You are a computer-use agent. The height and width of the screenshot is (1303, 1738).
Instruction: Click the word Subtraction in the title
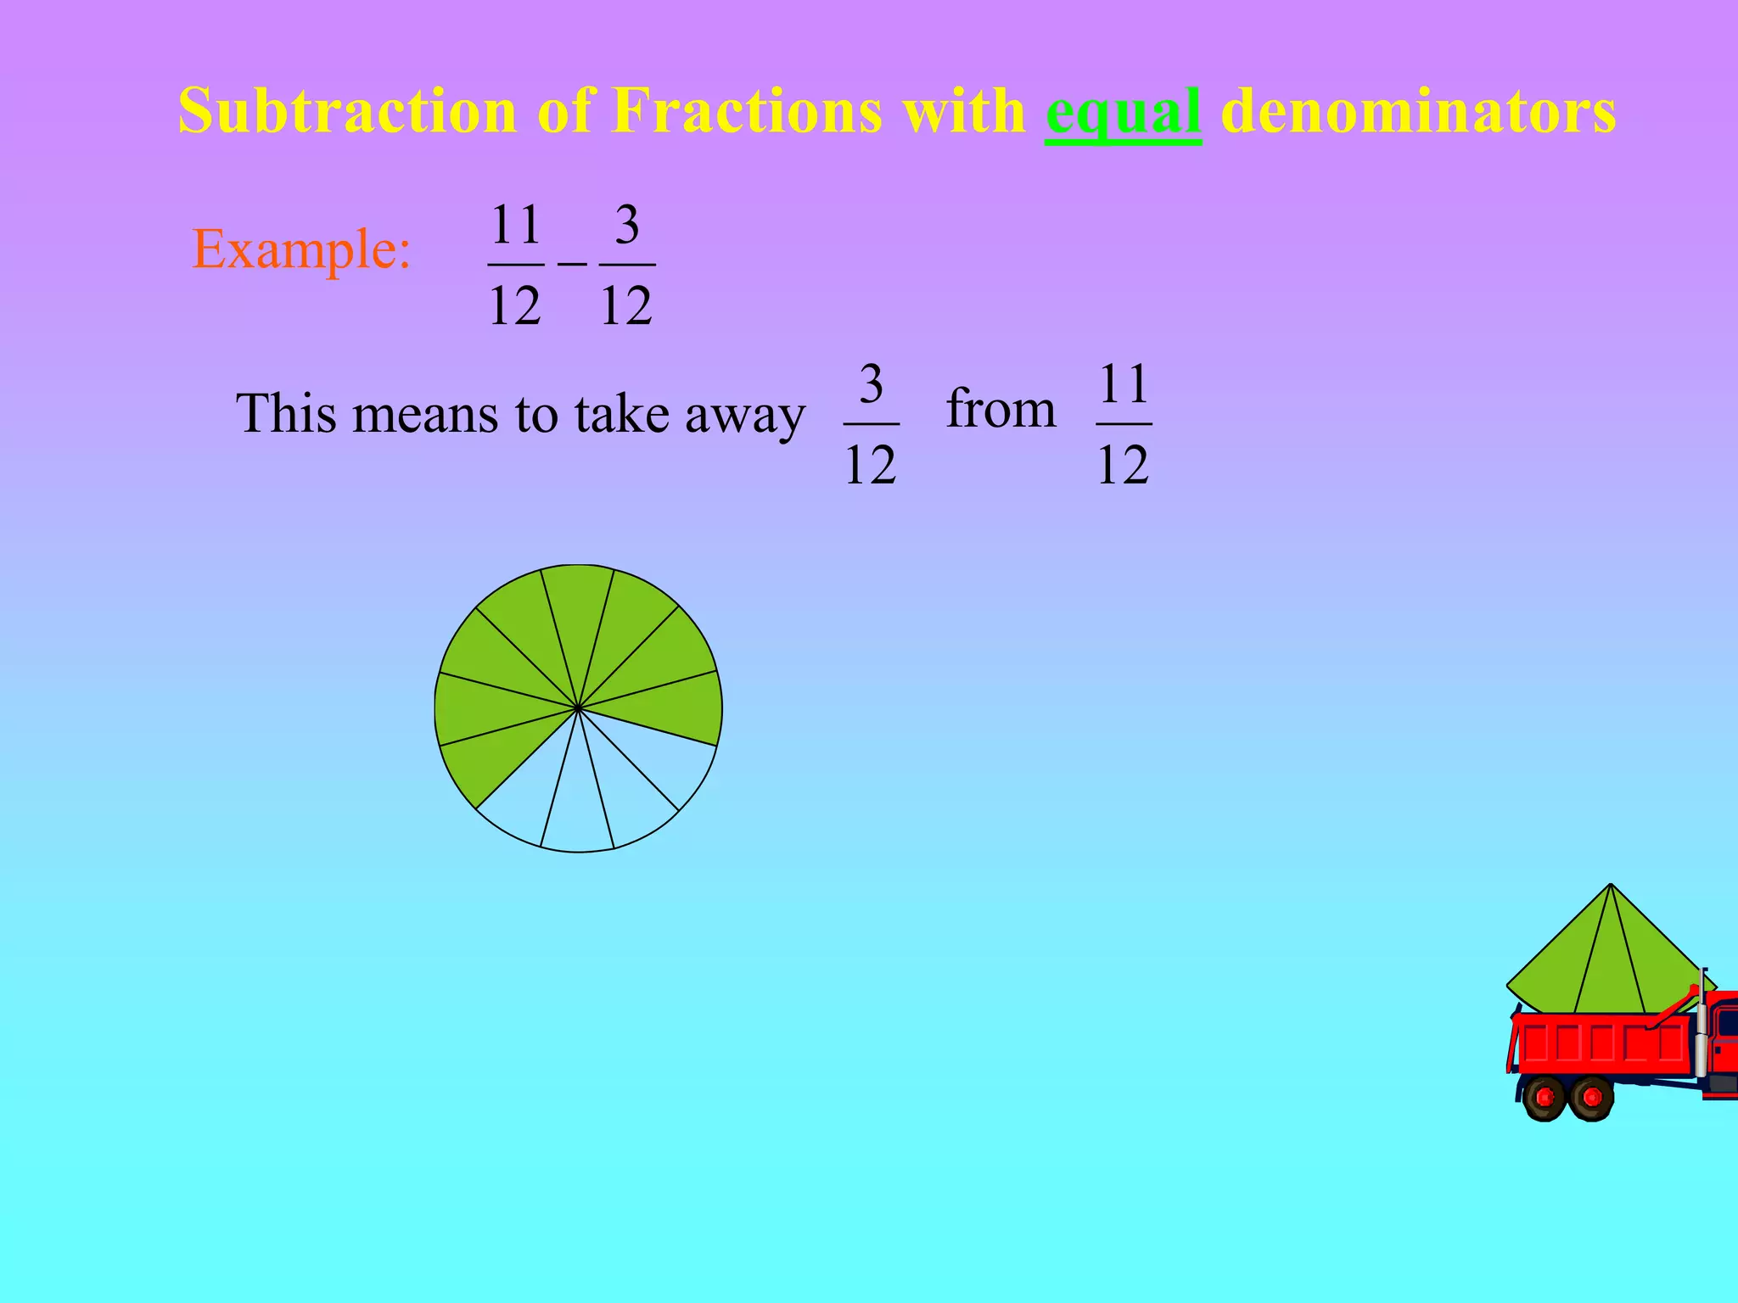(347, 111)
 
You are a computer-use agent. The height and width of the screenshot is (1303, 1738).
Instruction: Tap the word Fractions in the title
(747, 111)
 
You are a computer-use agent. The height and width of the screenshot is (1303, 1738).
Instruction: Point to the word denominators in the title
(1418, 111)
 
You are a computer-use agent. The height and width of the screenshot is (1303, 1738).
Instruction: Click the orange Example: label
(301, 250)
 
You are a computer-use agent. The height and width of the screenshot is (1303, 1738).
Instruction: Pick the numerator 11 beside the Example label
(516, 225)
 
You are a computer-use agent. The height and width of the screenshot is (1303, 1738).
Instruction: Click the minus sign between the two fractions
(572, 264)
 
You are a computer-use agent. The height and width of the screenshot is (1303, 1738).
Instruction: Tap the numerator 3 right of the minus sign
(627, 225)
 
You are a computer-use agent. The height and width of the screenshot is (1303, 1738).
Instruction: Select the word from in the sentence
(1001, 409)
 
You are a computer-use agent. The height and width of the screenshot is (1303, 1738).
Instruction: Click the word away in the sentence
(744, 416)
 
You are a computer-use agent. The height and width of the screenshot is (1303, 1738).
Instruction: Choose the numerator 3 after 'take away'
(872, 384)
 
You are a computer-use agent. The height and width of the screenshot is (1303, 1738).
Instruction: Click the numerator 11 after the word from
(1124, 384)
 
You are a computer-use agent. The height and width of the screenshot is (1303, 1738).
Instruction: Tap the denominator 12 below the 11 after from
(1124, 465)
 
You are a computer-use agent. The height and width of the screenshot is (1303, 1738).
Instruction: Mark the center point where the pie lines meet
(577, 707)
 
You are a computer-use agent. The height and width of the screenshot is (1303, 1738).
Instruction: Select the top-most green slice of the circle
(577, 611)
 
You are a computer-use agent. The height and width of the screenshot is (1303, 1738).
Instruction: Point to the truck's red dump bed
(1604, 1043)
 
